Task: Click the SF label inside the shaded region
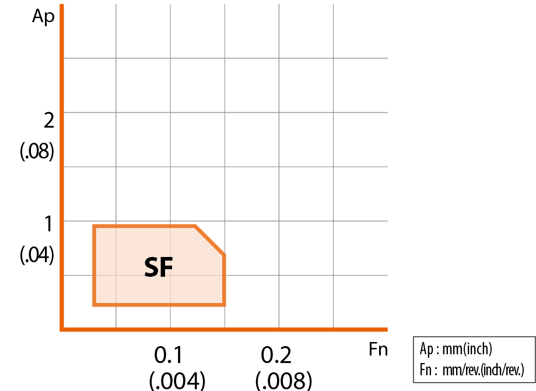tap(159, 267)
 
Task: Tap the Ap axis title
tap(43, 16)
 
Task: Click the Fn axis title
tap(378, 350)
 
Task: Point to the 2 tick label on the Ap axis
tap(49, 121)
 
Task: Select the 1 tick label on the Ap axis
tap(49, 224)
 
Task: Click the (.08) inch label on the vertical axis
tap(37, 151)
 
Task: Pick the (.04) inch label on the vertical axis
tap(37, 255)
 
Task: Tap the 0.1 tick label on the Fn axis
tap(168, 355)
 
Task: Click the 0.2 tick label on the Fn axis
tap(276, 355)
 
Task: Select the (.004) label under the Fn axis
tap(177, 380)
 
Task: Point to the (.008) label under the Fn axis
tap(283, 380)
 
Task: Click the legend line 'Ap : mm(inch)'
tap(456, 349)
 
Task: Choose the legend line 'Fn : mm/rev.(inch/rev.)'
tap(472, 369)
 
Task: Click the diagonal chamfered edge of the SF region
tap(209, 241)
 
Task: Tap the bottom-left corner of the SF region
tap(94, 305)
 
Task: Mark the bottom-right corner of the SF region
tap(224, 305)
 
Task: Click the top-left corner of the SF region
tap(94, 226)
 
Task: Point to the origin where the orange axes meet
tap(62, 329)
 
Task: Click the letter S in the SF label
tap(152, 267)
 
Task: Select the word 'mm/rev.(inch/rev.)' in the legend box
tap(484, 369)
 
